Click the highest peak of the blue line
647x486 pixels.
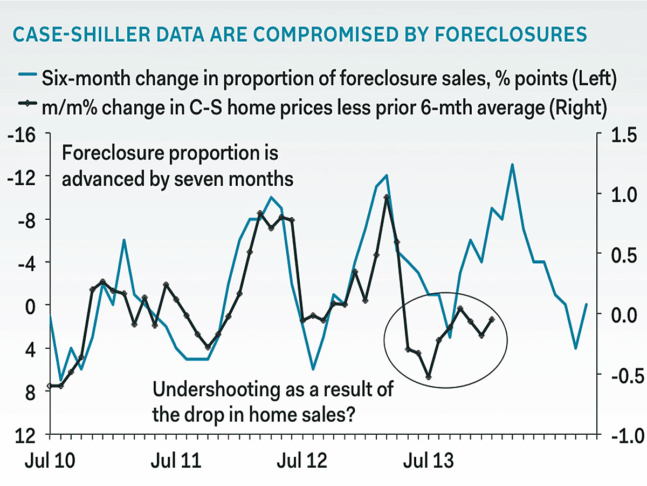click(512, 164)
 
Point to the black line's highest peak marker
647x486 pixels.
click(387, 197)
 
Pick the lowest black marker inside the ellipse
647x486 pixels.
click(429, 377)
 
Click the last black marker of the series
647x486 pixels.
click(492, 319)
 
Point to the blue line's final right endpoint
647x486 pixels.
click(587, 304)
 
